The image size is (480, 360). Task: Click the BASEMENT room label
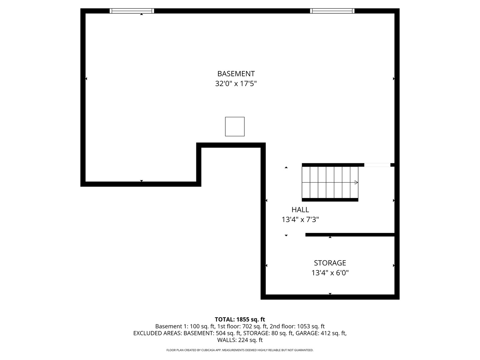236,74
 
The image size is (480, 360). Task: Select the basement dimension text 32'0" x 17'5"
236,84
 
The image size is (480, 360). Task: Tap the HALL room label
300,210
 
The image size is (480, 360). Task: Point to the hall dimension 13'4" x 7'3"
300,220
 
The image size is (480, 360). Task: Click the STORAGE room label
330,263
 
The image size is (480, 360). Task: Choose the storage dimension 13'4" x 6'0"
330,273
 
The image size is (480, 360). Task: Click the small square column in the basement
235,127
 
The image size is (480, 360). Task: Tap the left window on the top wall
132,11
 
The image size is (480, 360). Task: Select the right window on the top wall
332,11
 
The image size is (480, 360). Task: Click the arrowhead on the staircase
356,182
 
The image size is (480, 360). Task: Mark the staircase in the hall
330,182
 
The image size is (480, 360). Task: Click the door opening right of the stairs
377,165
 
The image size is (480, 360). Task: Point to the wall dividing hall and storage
350,235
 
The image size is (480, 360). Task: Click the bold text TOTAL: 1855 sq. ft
240,319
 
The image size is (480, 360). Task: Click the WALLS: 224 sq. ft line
240,340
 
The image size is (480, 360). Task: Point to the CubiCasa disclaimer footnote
240,350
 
